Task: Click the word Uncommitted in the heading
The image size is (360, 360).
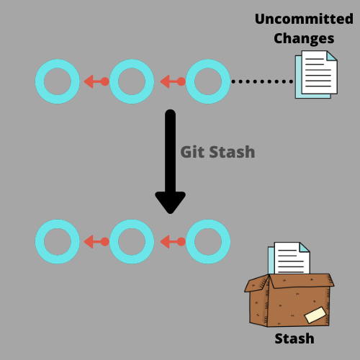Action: tap(303, 18)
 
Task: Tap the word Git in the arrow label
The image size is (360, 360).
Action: tap(192, 152)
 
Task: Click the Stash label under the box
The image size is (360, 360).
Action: tap(294, 338)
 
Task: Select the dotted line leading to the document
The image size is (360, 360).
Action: tap(262, 81)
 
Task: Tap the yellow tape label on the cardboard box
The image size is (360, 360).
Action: tap(315, 315)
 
